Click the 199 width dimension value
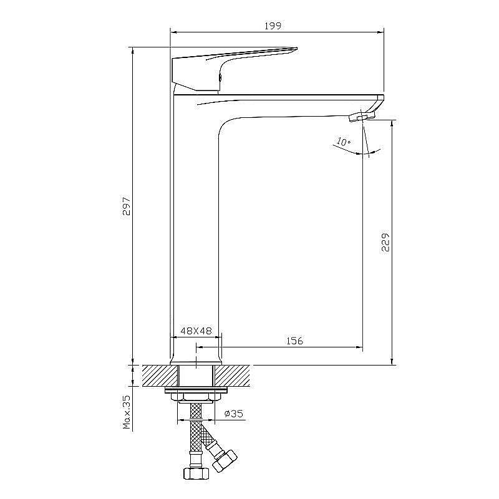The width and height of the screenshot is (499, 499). [273, 26]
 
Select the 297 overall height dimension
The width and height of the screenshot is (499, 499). [127, 206]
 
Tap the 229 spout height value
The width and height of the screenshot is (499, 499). [385, 242]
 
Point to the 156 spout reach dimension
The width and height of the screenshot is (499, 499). [294, 341]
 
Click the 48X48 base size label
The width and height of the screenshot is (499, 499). [196, 331]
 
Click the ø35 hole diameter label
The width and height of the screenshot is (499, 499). [233, 414]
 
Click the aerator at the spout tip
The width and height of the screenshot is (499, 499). [362, 116]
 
